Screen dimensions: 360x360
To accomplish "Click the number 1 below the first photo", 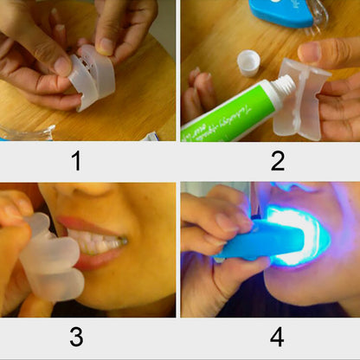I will coord(77,160).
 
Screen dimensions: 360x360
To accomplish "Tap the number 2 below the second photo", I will coord(277,160).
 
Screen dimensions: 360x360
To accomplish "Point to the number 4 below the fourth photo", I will coord(277,337).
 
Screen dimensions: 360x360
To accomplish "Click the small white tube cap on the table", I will coord(248,63).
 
